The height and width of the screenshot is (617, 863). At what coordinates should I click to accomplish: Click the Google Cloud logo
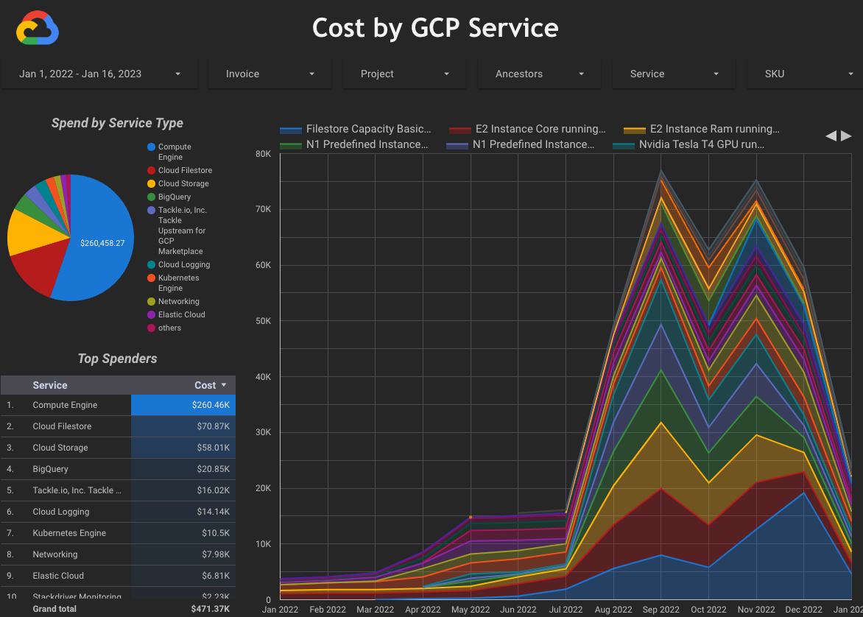38,29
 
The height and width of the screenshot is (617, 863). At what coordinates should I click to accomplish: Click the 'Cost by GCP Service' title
435,28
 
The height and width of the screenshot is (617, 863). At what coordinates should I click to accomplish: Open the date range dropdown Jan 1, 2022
99,74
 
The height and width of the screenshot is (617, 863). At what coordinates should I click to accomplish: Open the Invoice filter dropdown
270,74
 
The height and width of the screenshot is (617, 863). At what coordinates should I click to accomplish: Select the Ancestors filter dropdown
539,74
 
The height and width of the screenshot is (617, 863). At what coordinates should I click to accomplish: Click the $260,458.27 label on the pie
102,243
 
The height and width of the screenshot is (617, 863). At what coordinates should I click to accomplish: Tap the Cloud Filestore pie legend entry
185,170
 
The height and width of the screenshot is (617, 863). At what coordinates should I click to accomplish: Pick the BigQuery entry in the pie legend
174,197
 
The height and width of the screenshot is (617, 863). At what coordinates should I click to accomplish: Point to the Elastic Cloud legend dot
151,314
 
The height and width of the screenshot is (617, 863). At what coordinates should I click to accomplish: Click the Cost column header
205,385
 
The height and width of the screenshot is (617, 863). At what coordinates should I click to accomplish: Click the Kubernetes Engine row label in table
69,533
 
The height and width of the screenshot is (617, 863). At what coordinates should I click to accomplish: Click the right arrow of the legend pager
847,135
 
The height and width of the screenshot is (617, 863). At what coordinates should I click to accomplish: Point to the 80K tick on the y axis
263,154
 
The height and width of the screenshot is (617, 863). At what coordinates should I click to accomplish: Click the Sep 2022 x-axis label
661,609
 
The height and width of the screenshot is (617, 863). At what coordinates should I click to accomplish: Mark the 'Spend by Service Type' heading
117,123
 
